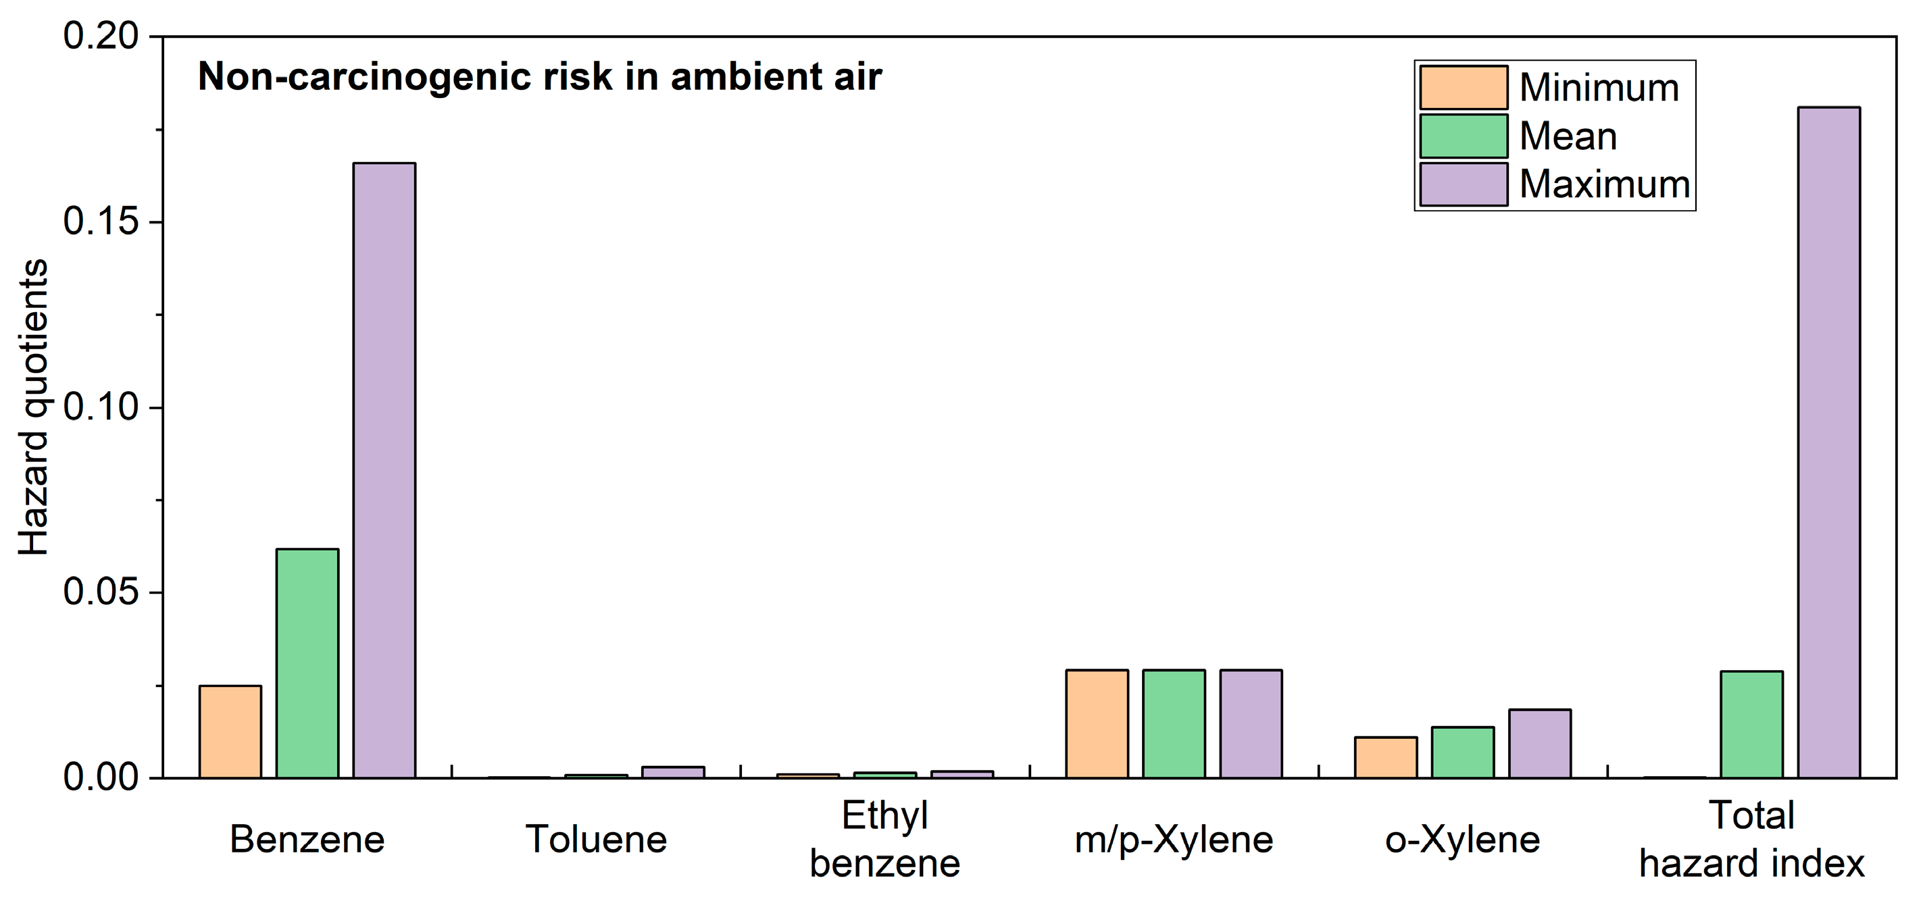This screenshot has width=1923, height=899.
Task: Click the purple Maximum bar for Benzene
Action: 384,470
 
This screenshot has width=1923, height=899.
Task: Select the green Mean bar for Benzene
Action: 307,663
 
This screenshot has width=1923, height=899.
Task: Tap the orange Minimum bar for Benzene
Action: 230,731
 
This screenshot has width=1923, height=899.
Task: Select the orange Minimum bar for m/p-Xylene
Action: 1097,723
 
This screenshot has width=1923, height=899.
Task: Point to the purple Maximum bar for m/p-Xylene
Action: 1251,723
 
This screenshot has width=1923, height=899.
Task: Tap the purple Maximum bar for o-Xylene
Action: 1539,743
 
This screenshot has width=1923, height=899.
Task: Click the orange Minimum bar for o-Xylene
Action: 1386,757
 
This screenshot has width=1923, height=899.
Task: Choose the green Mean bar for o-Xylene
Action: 1462,752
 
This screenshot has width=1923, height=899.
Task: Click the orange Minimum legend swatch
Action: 1463,87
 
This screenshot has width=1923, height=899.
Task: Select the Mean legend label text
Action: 1568,136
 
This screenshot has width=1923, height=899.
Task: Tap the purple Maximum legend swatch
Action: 1463,184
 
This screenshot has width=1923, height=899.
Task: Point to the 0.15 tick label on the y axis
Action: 101,222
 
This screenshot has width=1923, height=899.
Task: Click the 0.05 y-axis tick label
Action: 101,592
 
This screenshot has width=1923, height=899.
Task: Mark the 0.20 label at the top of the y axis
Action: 101,36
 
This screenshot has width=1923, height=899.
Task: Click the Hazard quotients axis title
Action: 34,407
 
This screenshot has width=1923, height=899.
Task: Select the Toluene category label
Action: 596,840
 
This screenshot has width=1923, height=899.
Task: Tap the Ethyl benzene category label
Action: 884,840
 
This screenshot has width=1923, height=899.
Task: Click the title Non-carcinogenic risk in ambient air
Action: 539,77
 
